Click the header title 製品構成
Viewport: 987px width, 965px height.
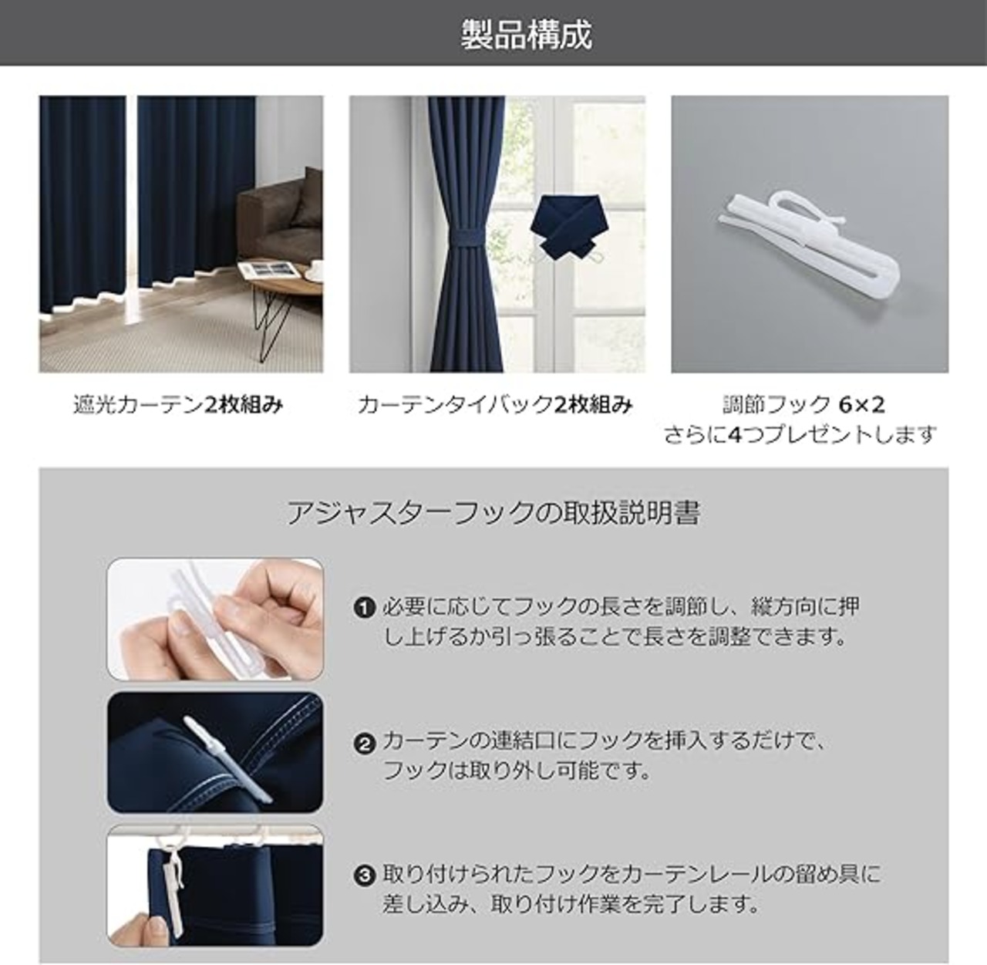[x=526, y=35]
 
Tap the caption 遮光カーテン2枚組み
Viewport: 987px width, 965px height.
[x=178, y=405]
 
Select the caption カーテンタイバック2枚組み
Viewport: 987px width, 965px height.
[x=495, y=405]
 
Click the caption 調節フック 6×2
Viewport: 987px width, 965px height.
[x=803, y=405]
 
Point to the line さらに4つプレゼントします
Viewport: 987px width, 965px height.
[x=800, y=434]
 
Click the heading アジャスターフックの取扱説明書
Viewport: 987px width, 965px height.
[x=493, y=512]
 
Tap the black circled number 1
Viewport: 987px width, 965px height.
[x=364, y=607]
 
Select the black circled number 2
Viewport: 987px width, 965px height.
[x=364, y=744]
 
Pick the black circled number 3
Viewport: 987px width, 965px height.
[x=364, y=876]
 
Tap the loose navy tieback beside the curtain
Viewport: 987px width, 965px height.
[x=564, y=228]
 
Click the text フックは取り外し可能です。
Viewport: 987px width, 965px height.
[x=517, y=771]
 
